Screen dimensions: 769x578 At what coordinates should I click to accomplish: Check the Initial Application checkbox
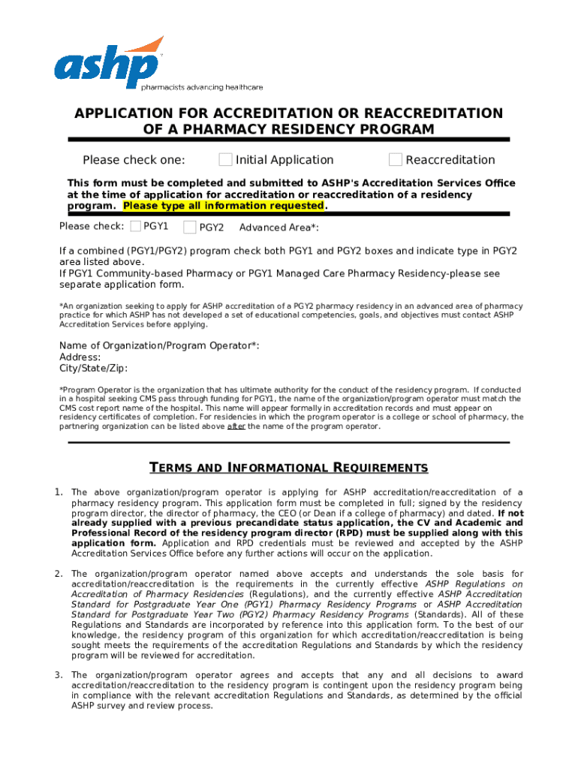coord(225,159)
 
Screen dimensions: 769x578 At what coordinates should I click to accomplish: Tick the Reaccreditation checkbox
coord(396,159)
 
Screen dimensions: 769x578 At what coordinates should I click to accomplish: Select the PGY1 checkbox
coord(135,226)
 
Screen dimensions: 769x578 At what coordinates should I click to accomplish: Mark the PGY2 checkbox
coord(190,227)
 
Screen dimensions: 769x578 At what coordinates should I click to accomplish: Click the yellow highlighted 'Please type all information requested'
coord(223,207)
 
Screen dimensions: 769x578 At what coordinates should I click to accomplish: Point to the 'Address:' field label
coord(80,357)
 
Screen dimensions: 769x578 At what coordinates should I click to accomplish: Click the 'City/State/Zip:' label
coord(94,369)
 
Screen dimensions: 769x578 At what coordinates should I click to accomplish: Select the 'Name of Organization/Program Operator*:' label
coord(159,345)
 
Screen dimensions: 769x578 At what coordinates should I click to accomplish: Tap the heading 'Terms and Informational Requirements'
coord(289,468)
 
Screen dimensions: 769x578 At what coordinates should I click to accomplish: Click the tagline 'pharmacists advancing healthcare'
coord(202,87)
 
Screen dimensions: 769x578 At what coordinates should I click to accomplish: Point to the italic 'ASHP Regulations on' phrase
coord(474,584)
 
